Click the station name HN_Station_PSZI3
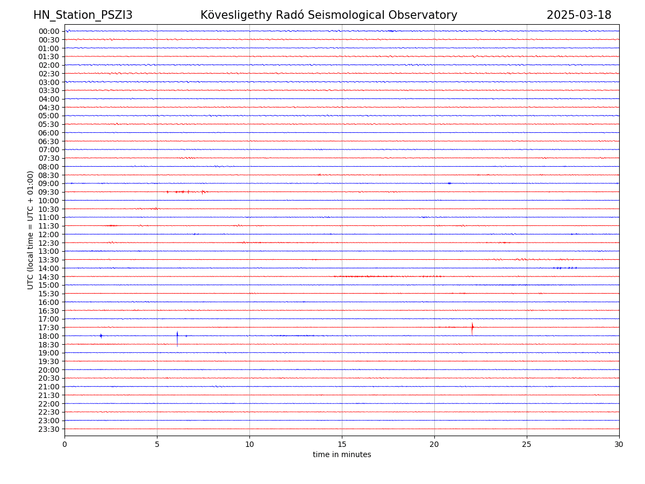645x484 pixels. (83, 15)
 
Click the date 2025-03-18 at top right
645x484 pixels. (579, 15)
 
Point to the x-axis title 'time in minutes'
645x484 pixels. (342, 455)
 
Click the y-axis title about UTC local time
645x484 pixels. (31, 230)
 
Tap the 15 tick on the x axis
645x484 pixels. (342, 445)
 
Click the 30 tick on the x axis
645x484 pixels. (619, 445)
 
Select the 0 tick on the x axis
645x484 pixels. (64, 445)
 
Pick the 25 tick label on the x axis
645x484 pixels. (527, 445)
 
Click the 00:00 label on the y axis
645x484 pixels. (49, 31)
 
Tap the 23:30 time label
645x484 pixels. (49, 429)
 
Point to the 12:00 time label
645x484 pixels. (49, 234)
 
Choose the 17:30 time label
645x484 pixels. (49, 328)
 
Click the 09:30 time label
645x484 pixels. (49, 192)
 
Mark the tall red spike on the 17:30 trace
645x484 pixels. (472, 328)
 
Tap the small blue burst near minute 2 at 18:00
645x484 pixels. (101, 336)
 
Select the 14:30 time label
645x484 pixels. (49, 277)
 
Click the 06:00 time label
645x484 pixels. (49, 133)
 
